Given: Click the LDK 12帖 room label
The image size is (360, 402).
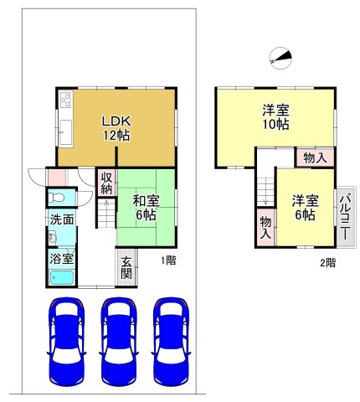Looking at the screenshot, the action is pyautogui.click(x=116, y=128).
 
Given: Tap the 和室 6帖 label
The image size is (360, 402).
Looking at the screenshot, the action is pyautogui.click(x=146, y=208).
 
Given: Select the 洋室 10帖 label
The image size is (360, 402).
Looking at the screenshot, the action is pyautogui.click(x=275, y=117).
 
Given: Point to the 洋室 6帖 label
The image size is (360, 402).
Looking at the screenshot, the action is pyautogui.click(x=306, y=208).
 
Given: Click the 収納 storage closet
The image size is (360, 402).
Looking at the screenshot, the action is pyautogui.click(x=106, y=183).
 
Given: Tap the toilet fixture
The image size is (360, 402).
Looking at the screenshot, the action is pyautogui.click(x=57, y=198).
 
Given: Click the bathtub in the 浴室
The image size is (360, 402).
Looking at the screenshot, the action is pyautogui.click(x=62, y=278).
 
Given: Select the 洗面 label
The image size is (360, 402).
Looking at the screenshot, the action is pyautogui.click(x=62, y=220).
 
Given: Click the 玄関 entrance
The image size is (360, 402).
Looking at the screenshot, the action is pyautogui.click(x=126, y=268).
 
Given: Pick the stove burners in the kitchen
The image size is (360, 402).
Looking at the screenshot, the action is pyautogui.click(x=66, y=100).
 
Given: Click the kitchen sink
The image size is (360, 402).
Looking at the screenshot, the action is pyautogui.click(x=66, y=132).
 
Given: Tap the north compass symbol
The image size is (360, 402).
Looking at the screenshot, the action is pyautogui.click(x=280, y=59).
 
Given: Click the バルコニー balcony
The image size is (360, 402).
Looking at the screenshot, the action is pyautogui.click(x=345, y=217).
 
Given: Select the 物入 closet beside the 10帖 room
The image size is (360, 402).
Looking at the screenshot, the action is pyautogui.click(x=315, y=158).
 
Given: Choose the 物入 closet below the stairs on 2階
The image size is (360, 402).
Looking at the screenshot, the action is pyautogui.click(x=265, y=228).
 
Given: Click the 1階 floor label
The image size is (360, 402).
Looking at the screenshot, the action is pyautogui.click(x=168, y=260).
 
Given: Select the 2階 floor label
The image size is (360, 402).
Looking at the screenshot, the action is pyautogui.click(x=327, y=263).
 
